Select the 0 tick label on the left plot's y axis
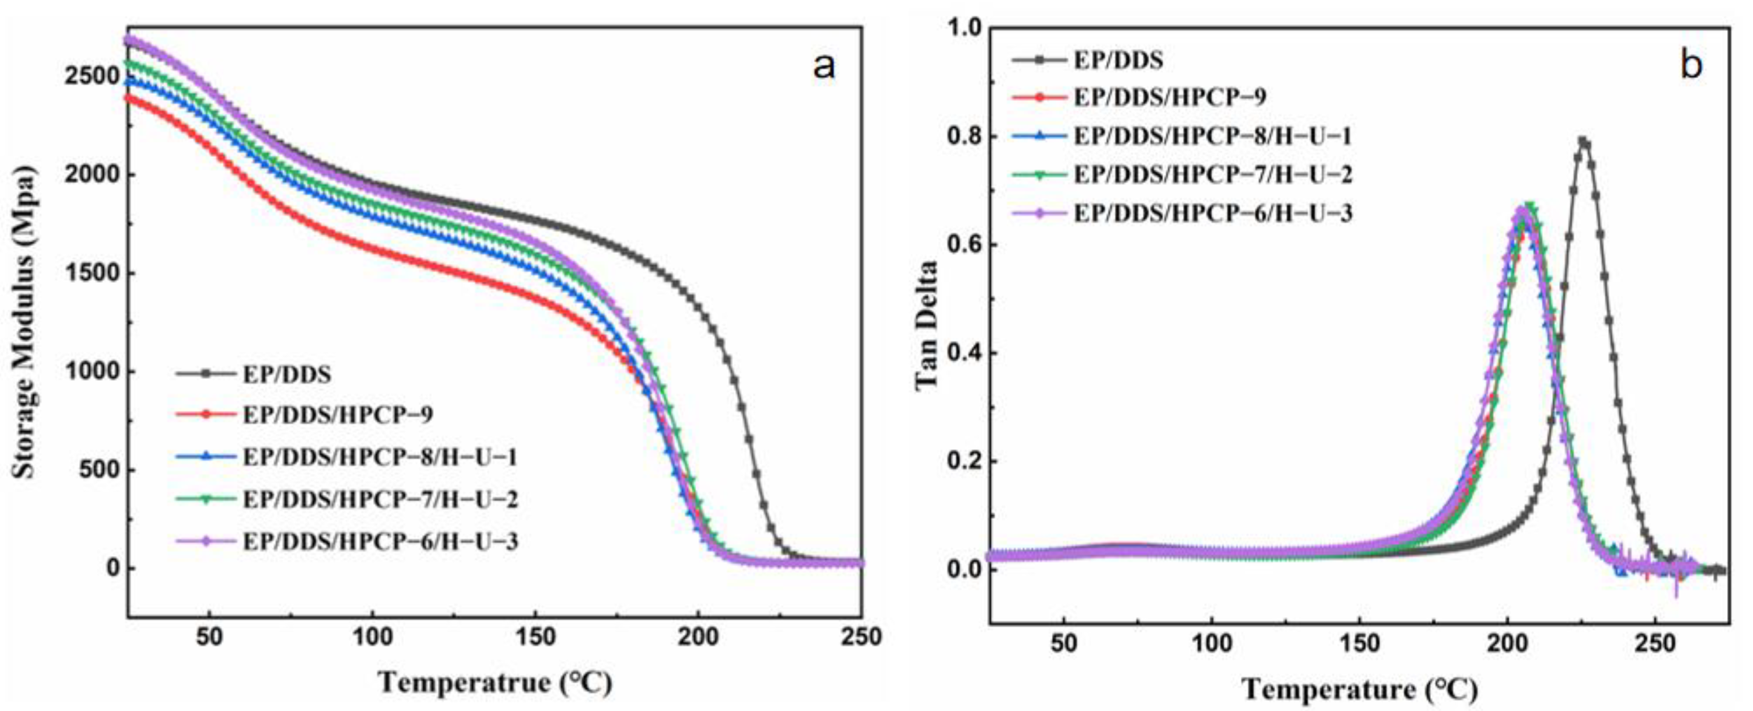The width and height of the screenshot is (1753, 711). [x=112, y=568]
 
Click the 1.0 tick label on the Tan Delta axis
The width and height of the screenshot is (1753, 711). [x=962, y=28]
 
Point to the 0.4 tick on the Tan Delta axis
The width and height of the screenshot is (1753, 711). [x=962, y=353]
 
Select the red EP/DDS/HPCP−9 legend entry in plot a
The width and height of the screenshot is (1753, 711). [x=337, y=414]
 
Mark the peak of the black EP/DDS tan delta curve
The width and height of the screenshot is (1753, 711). [x=1583, y=142]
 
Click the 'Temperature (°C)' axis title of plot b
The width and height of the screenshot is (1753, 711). [x=1359, y=689]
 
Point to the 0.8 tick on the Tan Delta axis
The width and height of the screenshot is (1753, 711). [x=962, y=137]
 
